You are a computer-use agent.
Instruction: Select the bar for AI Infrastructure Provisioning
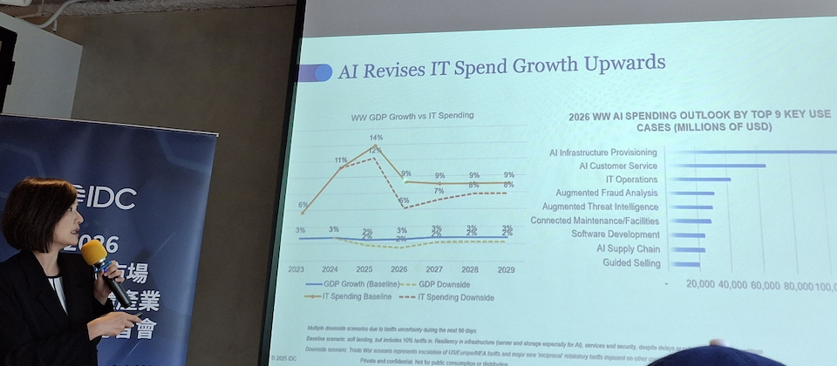click(x=750, y=152)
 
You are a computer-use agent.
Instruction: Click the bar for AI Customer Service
click(x=715, y=166)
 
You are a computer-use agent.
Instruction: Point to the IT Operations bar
click(x=697, y=180)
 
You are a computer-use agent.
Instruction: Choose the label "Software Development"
click(x=616, y=234)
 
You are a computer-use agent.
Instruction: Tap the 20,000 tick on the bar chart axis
click(x=701, y=285)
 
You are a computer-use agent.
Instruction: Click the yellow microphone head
click(x=93, y=253)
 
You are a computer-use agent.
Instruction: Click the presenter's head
click(x=39, y=213)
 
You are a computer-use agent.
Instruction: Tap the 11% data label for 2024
click(x=341, y=160)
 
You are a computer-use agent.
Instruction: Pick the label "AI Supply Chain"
click(x=628, y=248)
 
